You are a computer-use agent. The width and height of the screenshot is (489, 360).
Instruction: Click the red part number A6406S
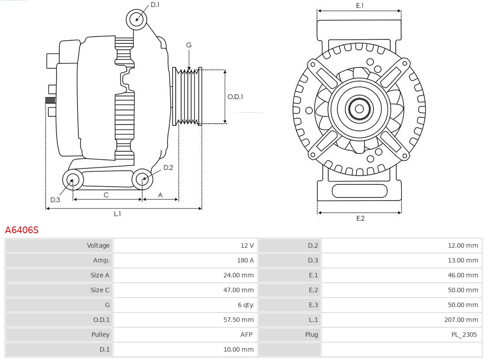[22, 230]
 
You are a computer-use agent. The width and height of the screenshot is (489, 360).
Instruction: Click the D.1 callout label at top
[155, 5]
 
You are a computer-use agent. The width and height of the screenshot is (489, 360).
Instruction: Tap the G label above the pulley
[189, 45]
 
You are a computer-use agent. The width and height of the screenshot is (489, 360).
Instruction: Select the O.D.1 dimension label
[235, 96]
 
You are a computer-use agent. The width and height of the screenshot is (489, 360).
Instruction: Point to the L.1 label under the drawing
[117, 214]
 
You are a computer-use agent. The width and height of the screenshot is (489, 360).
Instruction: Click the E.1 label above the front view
[360, 5]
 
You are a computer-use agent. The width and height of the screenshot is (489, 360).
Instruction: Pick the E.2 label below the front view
[360, 218]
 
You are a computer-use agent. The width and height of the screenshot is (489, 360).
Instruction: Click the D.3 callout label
[55, 200]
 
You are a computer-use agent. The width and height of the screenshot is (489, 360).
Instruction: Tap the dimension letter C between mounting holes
[106, 195]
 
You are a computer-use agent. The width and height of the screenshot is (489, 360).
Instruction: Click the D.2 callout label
[168, 168]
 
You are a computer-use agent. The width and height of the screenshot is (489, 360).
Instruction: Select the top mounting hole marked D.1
[137, 19]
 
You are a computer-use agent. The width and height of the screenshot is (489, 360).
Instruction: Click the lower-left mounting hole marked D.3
[72, 180]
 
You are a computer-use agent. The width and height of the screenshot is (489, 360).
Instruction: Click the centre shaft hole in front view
[359, 109]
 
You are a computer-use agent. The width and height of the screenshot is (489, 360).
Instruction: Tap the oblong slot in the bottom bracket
[360, 191]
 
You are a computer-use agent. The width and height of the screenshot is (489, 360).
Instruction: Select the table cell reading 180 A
[245, 260]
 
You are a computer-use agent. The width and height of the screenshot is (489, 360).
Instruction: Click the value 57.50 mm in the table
[238, 320]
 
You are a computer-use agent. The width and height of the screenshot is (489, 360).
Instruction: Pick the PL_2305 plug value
[464, 335]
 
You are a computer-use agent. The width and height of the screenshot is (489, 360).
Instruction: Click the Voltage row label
[98, 245]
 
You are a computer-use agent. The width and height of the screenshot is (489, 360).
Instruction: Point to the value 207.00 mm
[461, 320]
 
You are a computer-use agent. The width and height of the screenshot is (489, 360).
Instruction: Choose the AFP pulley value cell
[246, 335]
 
